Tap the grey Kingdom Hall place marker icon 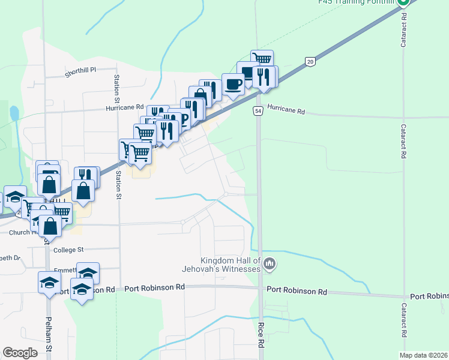pos(270,263)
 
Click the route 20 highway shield pos(309,61)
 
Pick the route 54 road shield pos(258,112)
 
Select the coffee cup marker pos(233,84)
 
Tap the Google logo pos(20,353)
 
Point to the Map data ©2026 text pos(423,355)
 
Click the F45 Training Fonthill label pos(358,2)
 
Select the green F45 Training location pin pos(404,2)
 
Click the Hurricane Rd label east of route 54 pos(286,112)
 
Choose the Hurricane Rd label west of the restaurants pos(126,106)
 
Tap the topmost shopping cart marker pos(262,59)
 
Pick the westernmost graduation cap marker pos(14,197)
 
